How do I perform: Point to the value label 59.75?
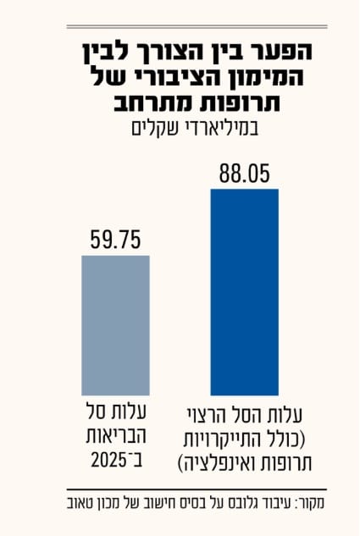116,241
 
